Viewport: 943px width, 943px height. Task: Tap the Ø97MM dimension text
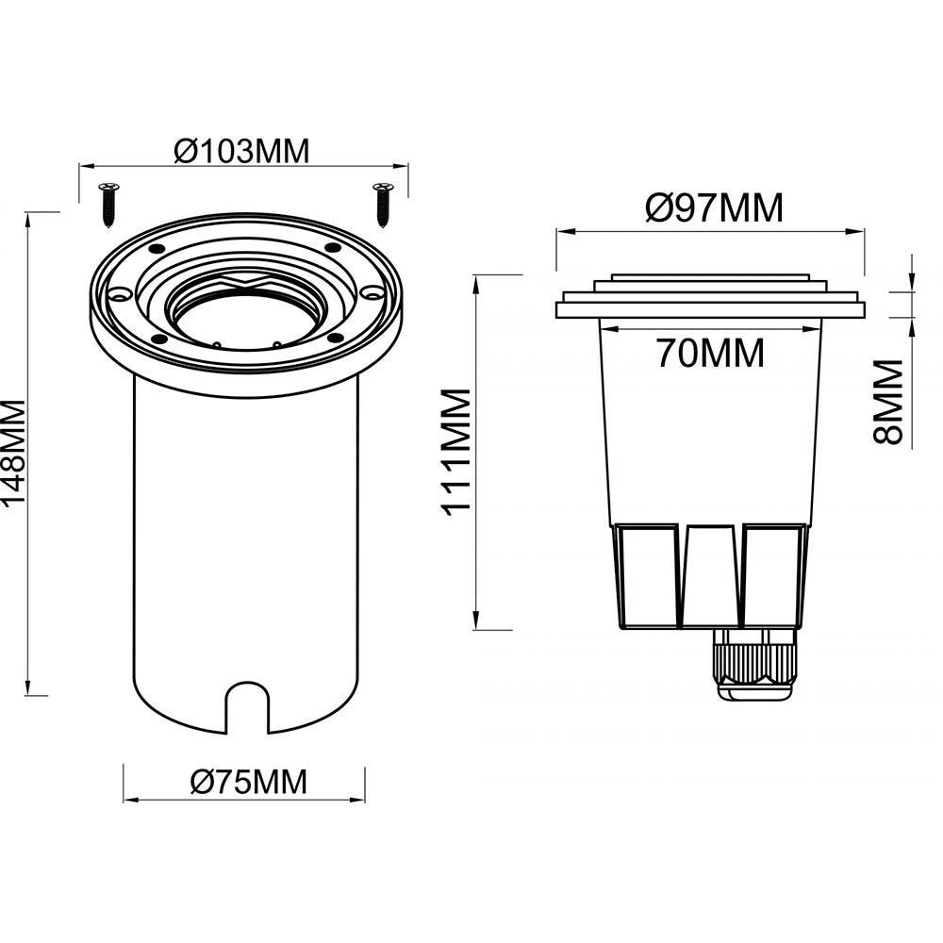tap(715, 207)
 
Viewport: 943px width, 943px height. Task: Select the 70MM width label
tap(710, 353)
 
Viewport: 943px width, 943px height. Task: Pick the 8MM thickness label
tap(888, 402)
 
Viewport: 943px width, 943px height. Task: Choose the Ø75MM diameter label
tap(248, 782)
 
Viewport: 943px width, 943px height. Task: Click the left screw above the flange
tap(108, 205)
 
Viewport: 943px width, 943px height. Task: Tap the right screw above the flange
tap(383, 205)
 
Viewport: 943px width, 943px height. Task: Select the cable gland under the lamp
tap(754, 665)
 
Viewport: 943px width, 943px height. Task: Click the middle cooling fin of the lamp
tap(711, 576)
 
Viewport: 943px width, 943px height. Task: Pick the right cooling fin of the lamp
tap(774, 576)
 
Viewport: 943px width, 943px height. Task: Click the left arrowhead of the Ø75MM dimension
tap(131, 800)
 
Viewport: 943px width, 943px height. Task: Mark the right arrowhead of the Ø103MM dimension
tap(400, 166)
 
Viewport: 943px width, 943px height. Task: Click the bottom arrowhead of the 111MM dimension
tap(476, 620)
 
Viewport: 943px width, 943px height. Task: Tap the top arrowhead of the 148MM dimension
tap(27, 221)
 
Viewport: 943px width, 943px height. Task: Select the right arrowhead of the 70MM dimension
tap(813, 329)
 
